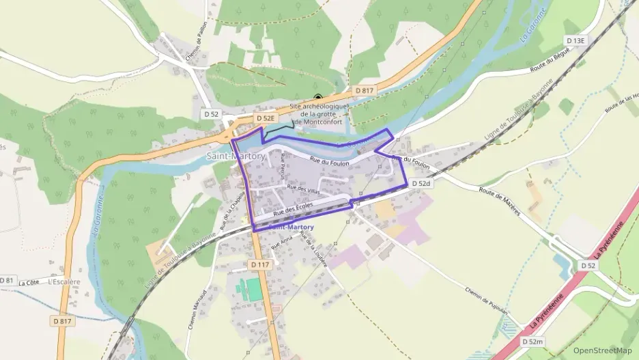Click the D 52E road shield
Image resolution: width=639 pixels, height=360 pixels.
click(x=266, y=118)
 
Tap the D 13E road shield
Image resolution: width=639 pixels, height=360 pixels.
click(x=575, y=41)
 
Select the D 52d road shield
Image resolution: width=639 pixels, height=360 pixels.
click(x=421, y=183)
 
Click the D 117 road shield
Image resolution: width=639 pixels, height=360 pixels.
click(x=260, y=264)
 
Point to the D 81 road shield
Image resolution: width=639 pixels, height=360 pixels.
click(x=7, y=280)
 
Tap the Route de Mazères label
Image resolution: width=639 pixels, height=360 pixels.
click(x=499, y=201)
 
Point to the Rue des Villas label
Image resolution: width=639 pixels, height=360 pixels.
click(x=302, y=189)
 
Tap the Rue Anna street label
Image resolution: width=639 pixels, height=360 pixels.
click(x=281, y=241)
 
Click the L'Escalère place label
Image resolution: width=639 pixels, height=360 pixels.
click(x=65, y=281)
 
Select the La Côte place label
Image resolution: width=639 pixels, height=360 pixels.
click(x=29, y=282)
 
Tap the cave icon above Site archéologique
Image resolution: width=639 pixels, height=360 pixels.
click(x=317, y=98)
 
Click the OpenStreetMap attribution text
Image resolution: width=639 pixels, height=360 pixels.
click(x=603, y=350)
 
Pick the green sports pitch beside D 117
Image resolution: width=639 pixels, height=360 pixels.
click(x=254, y=289)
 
